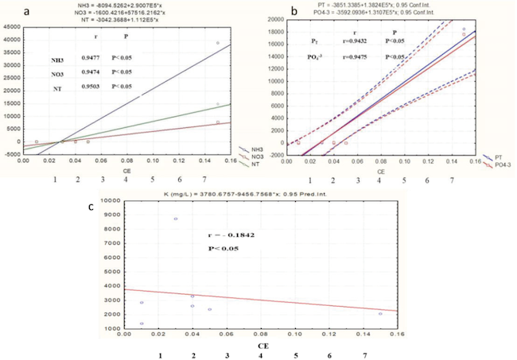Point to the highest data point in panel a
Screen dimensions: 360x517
pos(218,43)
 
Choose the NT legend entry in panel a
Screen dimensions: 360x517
pos(246,161)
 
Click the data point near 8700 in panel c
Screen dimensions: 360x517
pos(175,219)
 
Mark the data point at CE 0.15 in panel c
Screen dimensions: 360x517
pos(380,313)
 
